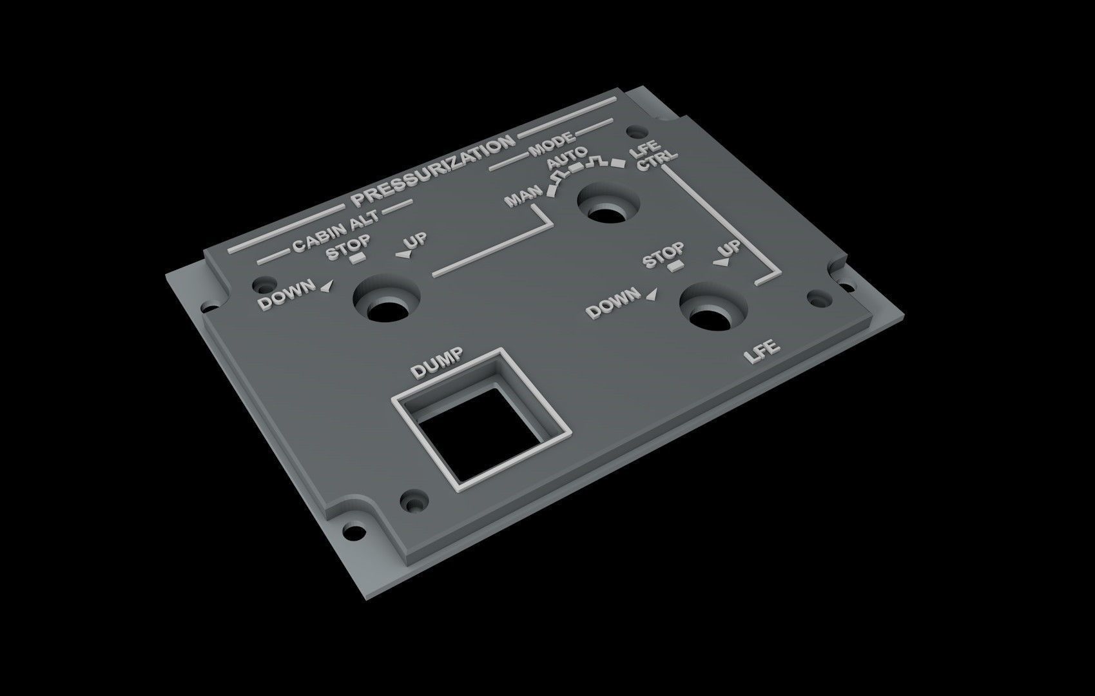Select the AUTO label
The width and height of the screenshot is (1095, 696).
coord(567,159)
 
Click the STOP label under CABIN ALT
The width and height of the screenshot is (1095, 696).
coord(348,247)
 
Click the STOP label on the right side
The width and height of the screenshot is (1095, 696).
coord(664,255)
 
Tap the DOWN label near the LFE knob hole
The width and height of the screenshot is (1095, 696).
coord(614,303)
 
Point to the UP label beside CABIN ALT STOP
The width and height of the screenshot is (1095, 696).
coord(414,244)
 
